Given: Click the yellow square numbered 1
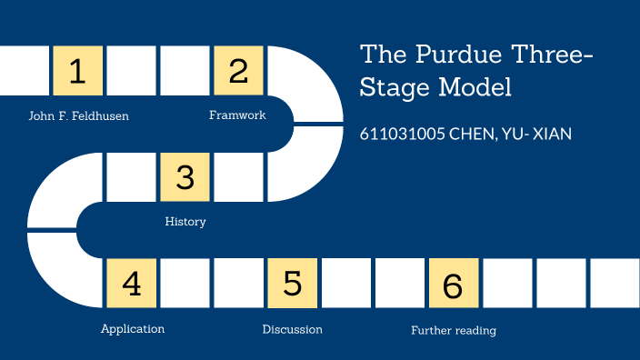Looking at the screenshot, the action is [x=77, y=71].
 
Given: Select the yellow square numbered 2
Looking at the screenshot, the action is [x=238, y=71].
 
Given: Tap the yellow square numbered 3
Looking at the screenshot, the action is [x=185, y=177].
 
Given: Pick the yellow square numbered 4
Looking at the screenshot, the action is [x=131, y=284].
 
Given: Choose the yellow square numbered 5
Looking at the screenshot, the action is [x=292, y=284].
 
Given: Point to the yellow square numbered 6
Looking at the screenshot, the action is [x=453, y=284].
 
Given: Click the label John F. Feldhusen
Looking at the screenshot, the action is [x=78, y=116].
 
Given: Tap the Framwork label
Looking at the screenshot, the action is [x=237, y=115].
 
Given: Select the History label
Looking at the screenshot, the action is [x=185, y=222].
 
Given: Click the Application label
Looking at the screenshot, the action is [x=133, y=329].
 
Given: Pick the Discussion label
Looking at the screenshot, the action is [x=292, y=329].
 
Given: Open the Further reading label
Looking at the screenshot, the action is [x=454, y=331].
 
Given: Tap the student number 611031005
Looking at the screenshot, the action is [x=402, y=134].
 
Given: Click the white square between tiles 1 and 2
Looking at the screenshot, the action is [x=131, y=71].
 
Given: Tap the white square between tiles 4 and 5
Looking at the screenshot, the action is [x=185, y=284].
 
